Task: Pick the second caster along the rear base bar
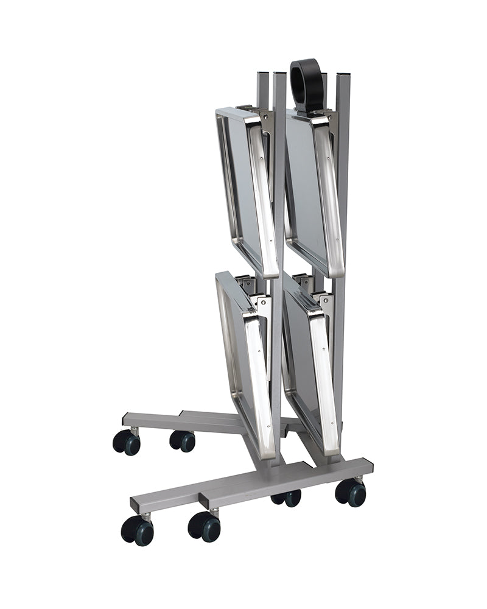[x=182, y=440]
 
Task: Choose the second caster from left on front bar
[x=204, y=525]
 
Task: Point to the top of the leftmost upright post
[x=262, y=76]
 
